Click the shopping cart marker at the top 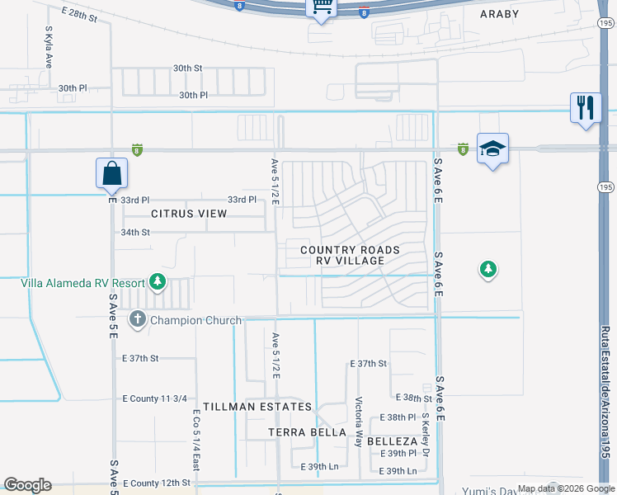click(322, 7)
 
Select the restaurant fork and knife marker click(586, 108)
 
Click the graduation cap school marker click(492, 148)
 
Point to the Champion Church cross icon click(138, 319)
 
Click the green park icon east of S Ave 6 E click(489, 269)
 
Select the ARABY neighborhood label click(500, 14)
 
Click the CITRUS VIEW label click(189, 214)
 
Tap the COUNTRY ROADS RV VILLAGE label click(350, 255)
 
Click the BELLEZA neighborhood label click(393, 441)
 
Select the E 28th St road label click(79, 15)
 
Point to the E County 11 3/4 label click(151, 398)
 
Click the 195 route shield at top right click(605, 25)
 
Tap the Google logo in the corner click(27, 485)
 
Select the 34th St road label click(136, 233)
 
